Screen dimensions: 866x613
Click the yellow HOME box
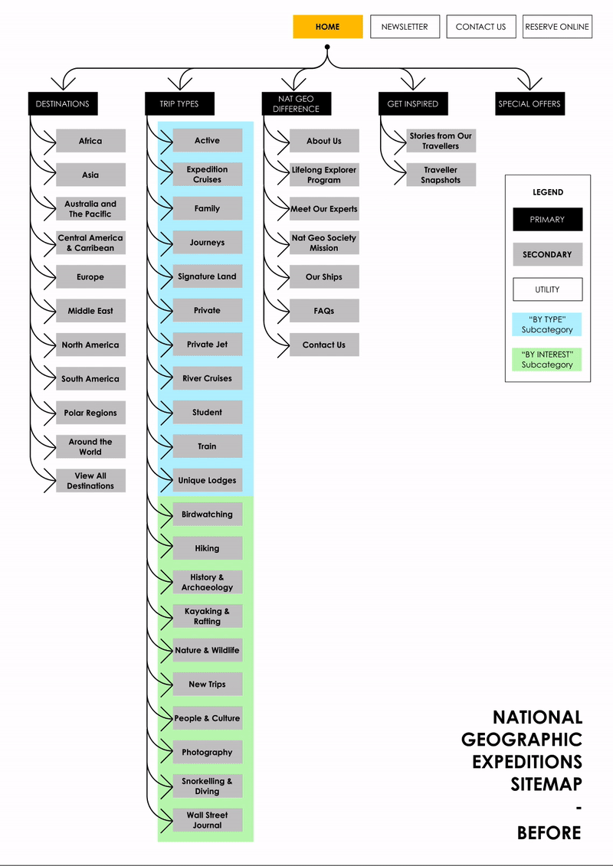[327, 27]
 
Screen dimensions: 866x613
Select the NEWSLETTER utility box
[405, 27]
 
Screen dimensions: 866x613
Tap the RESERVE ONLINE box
[557, 27]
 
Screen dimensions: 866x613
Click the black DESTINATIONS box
[63, 104]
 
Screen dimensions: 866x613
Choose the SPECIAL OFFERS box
[529, 104]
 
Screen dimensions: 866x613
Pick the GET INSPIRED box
[413, 104]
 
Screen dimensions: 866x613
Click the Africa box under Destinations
[90, 141]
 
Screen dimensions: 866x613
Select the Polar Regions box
[90, 413]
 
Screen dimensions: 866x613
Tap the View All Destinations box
[90, 481]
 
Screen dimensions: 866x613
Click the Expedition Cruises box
[207, 175]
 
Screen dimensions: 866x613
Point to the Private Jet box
[207, 345]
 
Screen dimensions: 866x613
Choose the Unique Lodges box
[207, 481]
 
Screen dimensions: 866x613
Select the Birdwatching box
[207, 515]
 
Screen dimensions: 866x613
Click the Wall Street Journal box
[207, 820]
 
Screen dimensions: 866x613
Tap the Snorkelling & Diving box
[207, 786]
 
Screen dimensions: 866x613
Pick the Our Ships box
[324, 277]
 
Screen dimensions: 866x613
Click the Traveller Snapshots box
[441, 175]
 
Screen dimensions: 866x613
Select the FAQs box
[324, 311]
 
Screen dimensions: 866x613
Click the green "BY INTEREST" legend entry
[547, 360]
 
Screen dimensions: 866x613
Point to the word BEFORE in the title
[549, 833]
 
